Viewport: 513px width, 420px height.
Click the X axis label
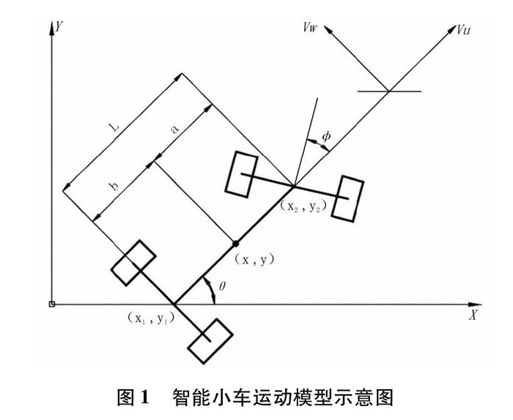pyautogui.click(x=473, y=316)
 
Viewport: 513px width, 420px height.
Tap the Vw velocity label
pyautogui.click(x=311, y=28)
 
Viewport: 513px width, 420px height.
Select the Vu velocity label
pyautogui.click(x=464, y=30)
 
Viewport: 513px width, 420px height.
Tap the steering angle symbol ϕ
pyautogui.click(x=327, y=137)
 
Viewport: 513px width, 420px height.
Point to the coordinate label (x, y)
pyautogui.click(x=254, y=258)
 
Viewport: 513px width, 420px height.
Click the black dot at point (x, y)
pyautogui.click(x=235, y=244)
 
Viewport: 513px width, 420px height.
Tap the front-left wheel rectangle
pyautogui.click(x=240, y=173)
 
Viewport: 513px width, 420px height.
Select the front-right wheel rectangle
pyautogui.click(x=347, y=197)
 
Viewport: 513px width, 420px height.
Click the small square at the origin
pyautogui.click(x=51, y=304)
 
